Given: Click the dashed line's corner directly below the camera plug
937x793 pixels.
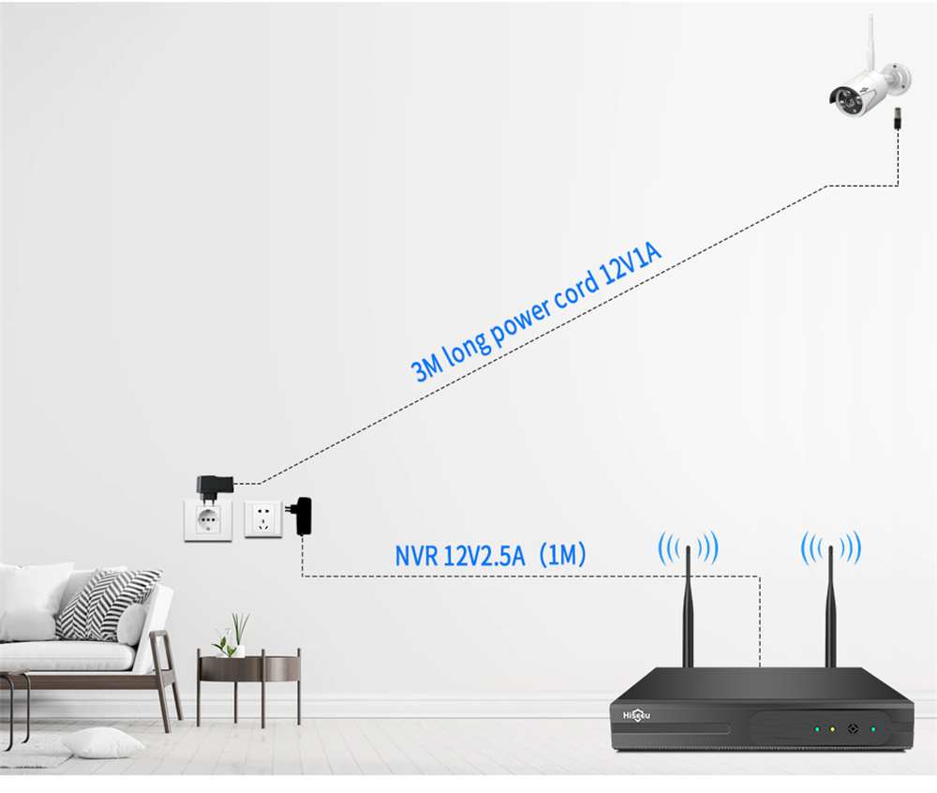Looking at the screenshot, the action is click(x=898, y=186).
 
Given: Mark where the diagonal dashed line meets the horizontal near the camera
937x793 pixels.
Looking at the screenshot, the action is click(x=827, y=186).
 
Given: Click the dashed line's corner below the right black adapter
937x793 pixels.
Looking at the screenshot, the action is click(x=303, y=576).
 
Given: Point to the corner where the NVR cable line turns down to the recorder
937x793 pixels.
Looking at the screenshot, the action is click(x=760, y=576).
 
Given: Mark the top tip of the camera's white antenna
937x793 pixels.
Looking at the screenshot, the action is click(x=870, y=16).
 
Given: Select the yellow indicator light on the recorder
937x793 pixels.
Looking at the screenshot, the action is click(x=832, y=729).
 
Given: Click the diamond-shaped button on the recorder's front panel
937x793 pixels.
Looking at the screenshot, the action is click(x=853, y=729).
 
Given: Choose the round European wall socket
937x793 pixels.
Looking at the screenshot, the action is click(x=208, y=520).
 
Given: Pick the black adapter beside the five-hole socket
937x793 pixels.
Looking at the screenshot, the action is click(x=302, y=516).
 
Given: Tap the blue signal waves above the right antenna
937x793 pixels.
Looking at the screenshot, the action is click(x=830, y=547).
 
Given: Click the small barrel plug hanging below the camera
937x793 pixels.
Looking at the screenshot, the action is click(x=897, y=118).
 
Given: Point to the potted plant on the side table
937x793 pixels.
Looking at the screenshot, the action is click(x=231, y=636).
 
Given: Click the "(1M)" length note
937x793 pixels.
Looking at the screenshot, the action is click(x=562, y=555).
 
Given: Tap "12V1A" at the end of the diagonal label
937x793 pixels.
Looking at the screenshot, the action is click(x=631, y=263).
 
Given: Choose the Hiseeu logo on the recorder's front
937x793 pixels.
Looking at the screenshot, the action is click(x=636, y=714).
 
